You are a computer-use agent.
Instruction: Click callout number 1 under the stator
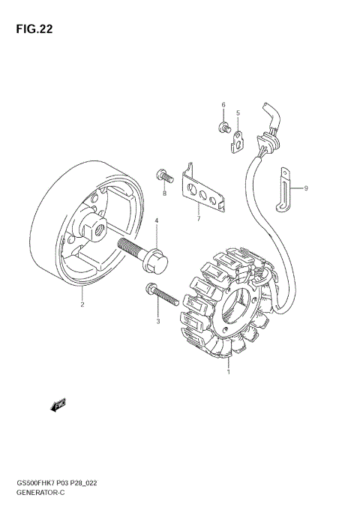pos(228,369)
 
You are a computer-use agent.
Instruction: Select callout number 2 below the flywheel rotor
pos(82,305)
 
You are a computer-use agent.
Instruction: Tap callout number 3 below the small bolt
pos(157,321)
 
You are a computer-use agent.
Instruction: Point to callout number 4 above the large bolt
pos(157,221)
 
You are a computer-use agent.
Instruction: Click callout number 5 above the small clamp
pos(238,114)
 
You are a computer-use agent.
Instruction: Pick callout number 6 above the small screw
pos(223,104)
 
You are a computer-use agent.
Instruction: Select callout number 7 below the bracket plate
pos(198,219)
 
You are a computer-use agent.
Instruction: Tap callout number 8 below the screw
pos(163,193)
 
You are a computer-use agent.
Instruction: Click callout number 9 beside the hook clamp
pos(305,189)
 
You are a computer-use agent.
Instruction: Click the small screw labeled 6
pos(223,127)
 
